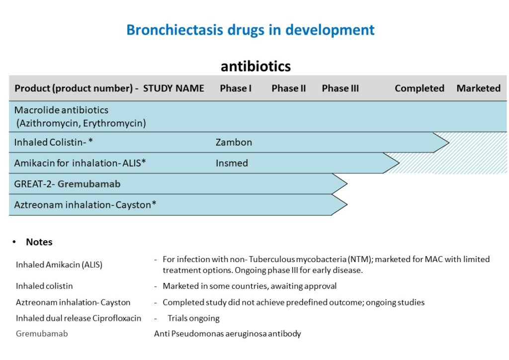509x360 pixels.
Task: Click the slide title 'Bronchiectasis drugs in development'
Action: pyautogui.click(x=250, y=30)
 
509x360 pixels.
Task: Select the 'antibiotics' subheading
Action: pyautogui.click(x=255, y=66)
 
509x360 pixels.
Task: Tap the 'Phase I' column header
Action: pyautogui.click(x=236, y=89)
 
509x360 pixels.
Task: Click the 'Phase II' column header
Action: pyautogui.click(x=288, y=89)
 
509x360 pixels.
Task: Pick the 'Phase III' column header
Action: pyautogui.click(x=340, y=89)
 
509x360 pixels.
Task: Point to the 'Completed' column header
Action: pyautogui.click(x=419, y=89)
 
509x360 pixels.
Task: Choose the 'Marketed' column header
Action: pyautogui.click(x=478, y=89)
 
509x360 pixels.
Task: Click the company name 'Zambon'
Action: pyautogui.click(x=234, y=143)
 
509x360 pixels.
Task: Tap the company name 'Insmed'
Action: pyautogui.click(x=232, y=163)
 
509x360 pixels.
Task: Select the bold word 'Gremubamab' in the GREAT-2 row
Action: pyautogui.click(x=89, y=184)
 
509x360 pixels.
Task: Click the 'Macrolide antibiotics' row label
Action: pyautogui.click(x=61, y=110)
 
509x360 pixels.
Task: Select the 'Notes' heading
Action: pyautogui.click(x=39, y=242)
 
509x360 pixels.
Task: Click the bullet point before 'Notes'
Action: pyautogui.click(x=14, y=242)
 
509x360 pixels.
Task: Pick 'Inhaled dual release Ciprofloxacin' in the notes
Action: pyautogui.click(x=79, y=318)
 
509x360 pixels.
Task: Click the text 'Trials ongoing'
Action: pyautogui.click(x=193, y=318)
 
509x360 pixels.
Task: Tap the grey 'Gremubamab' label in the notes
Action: pyautogui.click(x=42, y=334)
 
